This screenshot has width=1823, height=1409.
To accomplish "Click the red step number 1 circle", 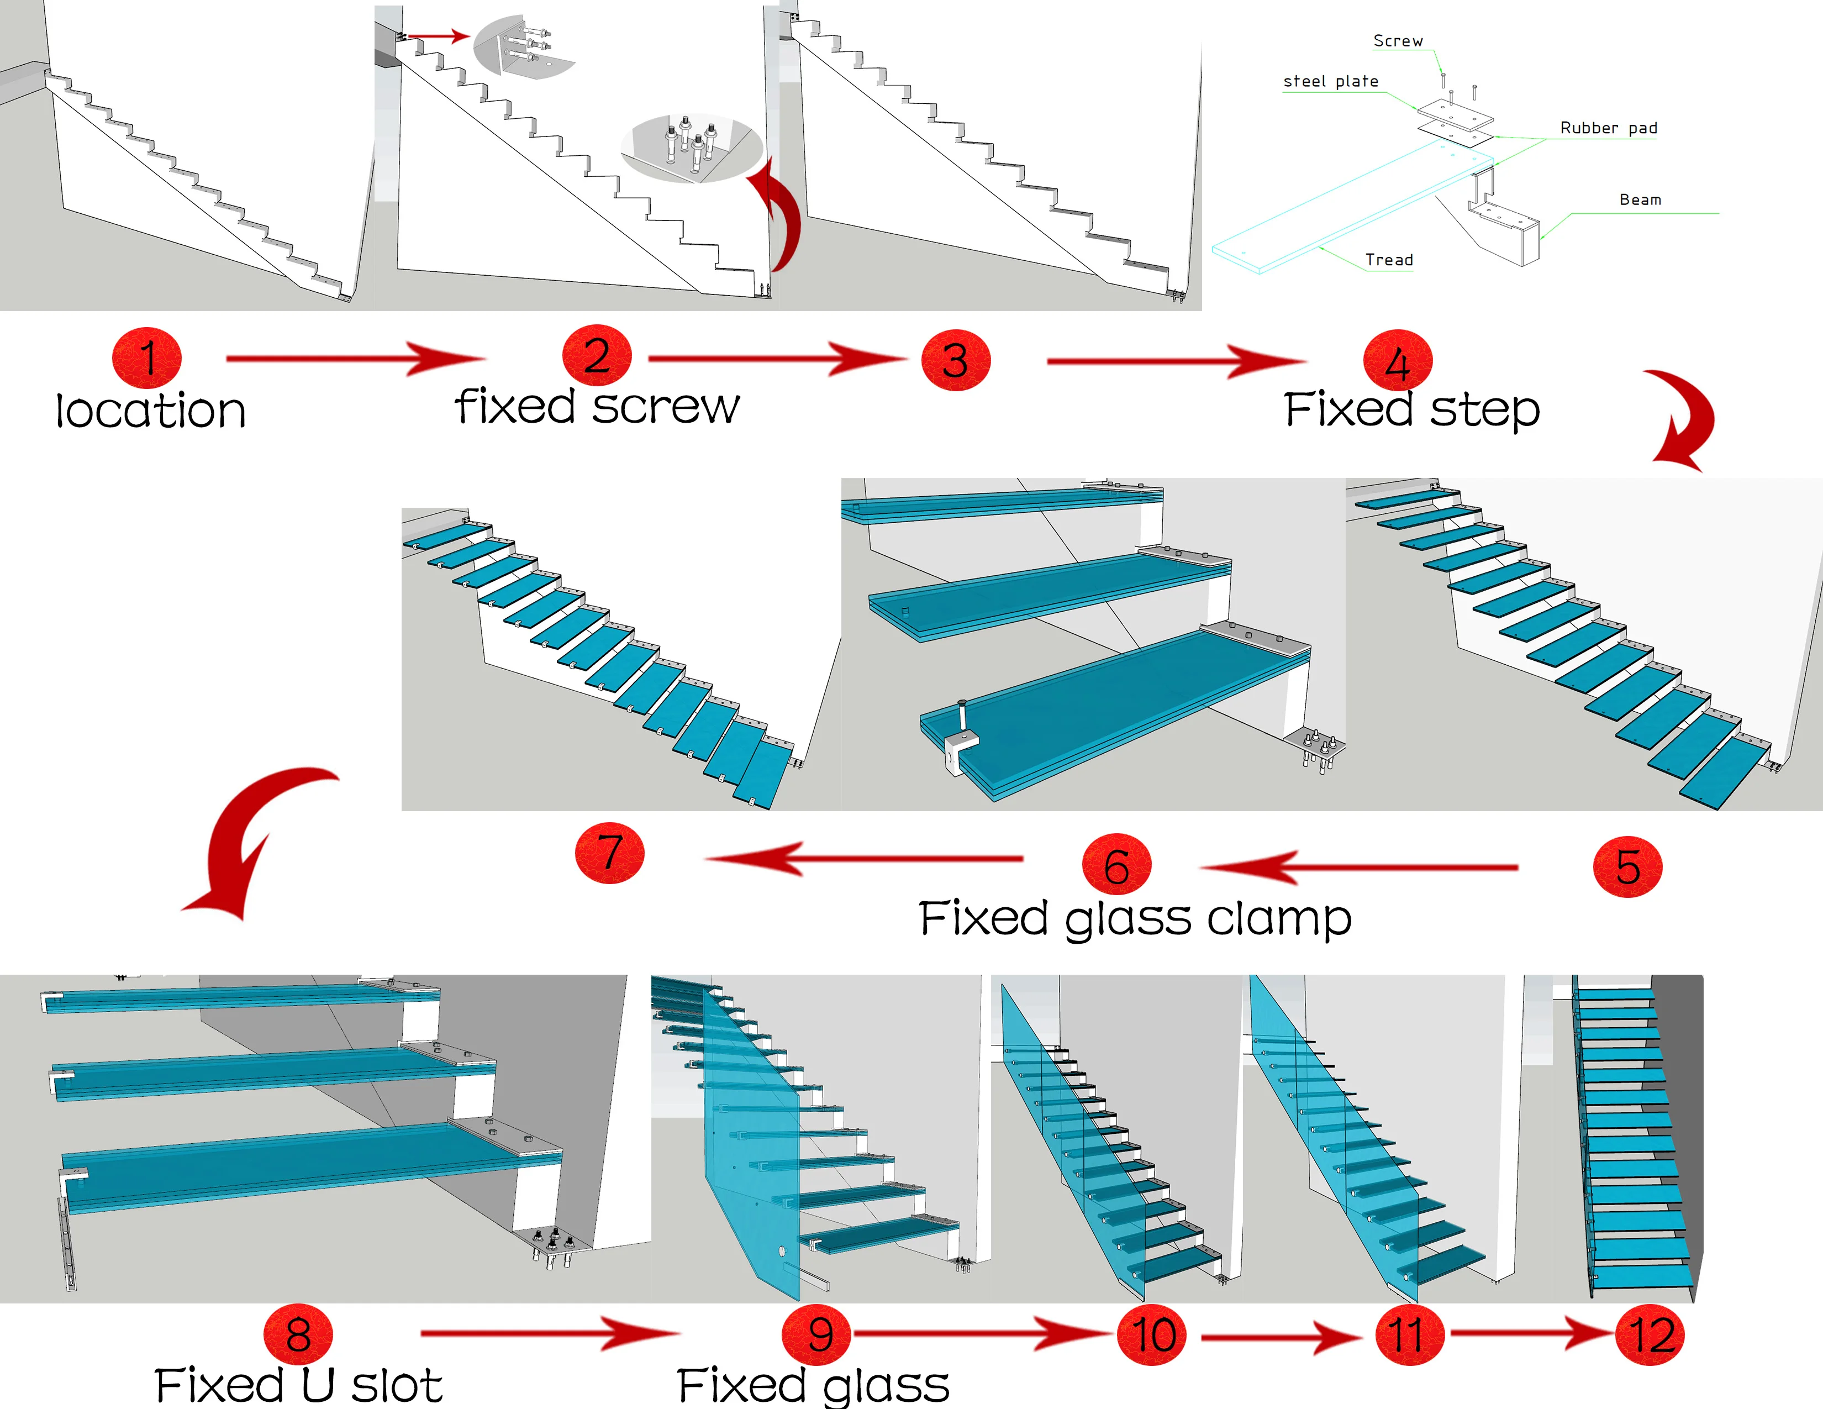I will coord(147,357).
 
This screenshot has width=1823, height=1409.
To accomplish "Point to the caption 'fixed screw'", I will coord(598,407).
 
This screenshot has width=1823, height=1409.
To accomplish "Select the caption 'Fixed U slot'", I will coord(298,1385).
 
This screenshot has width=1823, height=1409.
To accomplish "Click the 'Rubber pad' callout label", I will coord(1609,128).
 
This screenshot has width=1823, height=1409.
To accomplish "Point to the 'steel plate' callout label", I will coord(1331,81).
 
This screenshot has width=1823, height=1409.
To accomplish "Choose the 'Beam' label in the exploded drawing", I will coord(1640,199).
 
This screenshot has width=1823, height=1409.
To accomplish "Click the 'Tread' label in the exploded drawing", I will coord(1389,260).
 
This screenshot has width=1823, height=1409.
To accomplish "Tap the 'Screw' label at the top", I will coord(1398,40).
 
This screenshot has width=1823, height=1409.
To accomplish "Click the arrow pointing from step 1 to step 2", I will coord(355,359).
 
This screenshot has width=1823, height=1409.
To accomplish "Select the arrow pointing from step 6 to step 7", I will coord(864,858).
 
